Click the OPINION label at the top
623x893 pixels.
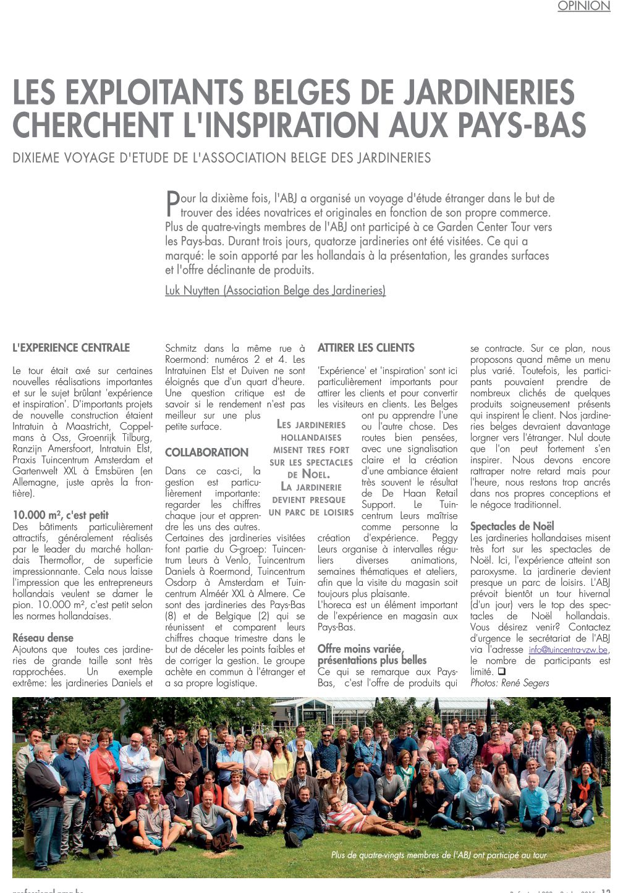click(583, 6)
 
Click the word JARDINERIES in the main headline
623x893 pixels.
click(489, 93)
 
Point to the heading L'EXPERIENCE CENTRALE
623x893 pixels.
click(71, 348)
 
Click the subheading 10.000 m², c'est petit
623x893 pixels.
click(61, 515)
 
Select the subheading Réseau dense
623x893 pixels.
click(43, 638)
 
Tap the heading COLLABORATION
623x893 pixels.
click(206, 452)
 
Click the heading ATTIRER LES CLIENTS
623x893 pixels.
click(366, 348)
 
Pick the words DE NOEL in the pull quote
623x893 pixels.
click(309, 475)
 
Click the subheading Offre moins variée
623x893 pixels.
click(360, 649)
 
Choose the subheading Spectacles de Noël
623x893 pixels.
click(512, 527)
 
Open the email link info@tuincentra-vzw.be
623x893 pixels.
click(569, 650)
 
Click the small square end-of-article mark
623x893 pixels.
click(501, 672)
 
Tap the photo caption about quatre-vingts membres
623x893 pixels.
click(439, 855)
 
